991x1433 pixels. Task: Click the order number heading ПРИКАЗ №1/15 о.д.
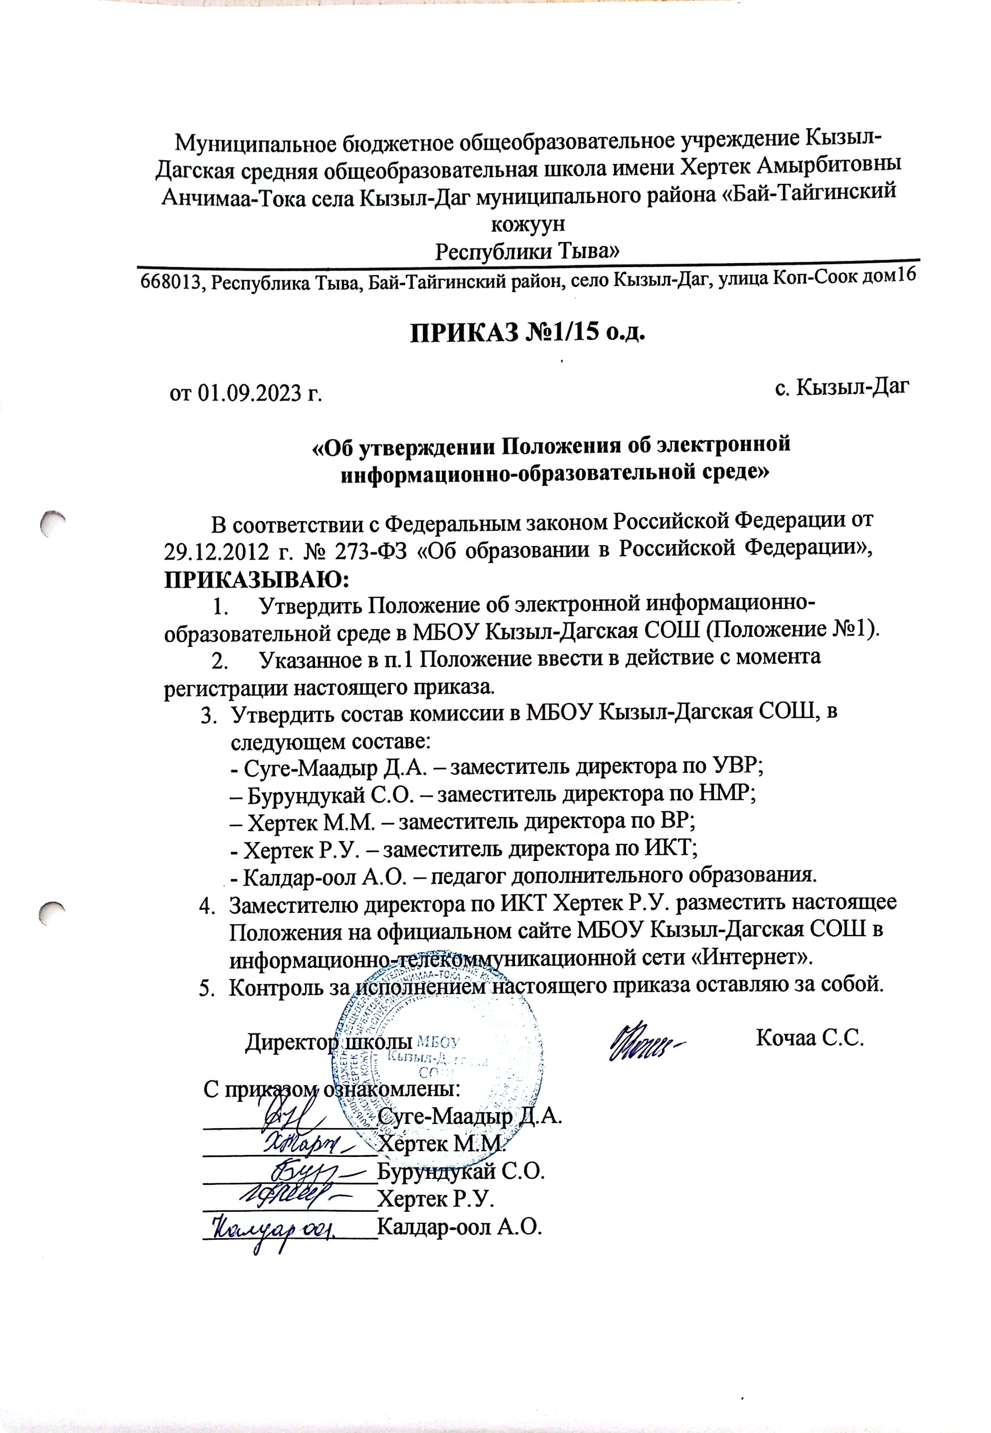(x=528, y=333)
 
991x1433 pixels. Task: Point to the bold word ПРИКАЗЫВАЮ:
(x=256, y=579)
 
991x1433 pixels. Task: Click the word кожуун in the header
(x=528, y=223)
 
